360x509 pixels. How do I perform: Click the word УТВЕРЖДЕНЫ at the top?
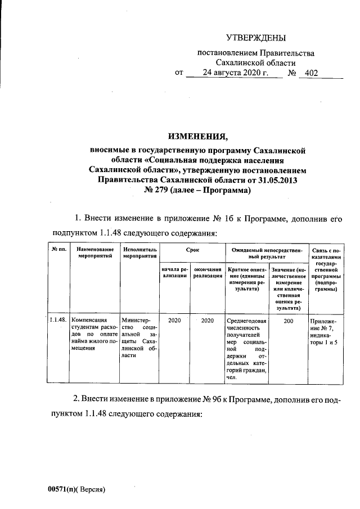point(256,38)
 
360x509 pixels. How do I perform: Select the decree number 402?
point(311,74)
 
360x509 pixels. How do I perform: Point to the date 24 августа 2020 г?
point(235,73)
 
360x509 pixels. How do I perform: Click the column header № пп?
point(57,249)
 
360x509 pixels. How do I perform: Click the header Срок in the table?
point(192,249)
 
